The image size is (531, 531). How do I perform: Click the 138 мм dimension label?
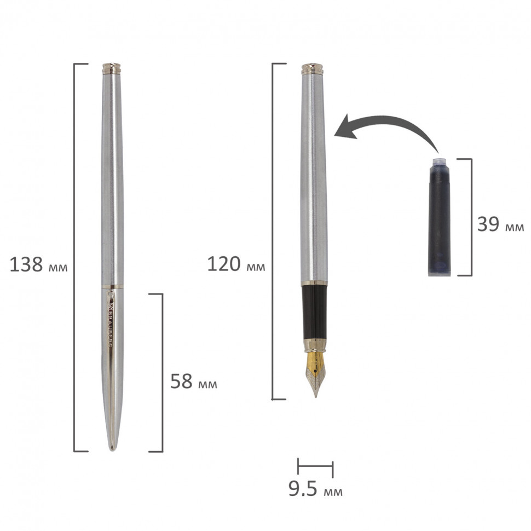pos(39,264)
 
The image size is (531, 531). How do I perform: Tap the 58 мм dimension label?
pos(193,382)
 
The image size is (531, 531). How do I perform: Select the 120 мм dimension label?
pos(236,264)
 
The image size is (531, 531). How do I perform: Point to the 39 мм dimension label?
pos(500,224)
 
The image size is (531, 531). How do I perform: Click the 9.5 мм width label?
pos(315,489)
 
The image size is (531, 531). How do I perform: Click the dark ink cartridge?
pos(439,217)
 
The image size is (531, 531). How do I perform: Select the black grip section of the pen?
pos(314,311)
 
